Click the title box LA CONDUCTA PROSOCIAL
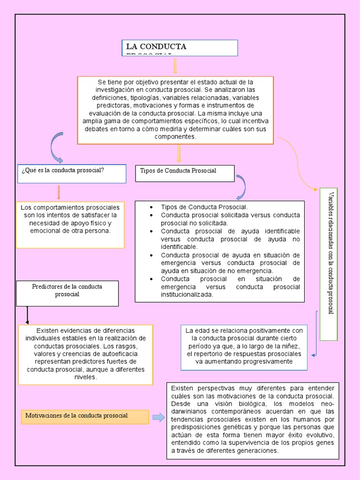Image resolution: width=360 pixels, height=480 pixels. (180, 47)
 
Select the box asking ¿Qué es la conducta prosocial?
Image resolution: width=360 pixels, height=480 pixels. (71, 173)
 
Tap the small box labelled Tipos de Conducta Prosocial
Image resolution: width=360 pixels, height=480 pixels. (185, 173)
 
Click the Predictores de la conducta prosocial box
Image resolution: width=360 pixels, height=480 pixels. (67, 293)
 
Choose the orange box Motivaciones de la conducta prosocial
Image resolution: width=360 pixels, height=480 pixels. (85, 416)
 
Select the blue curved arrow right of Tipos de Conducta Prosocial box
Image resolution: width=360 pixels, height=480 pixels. (242, 187)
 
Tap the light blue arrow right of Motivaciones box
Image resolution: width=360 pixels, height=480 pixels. (158, 417)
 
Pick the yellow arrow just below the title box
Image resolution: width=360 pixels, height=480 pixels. (175, 66)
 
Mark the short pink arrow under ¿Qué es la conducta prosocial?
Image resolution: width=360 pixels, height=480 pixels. (59, 192)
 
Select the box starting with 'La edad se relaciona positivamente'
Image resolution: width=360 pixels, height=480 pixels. (244, 347)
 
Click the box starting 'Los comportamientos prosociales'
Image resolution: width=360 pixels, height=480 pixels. (70, 225)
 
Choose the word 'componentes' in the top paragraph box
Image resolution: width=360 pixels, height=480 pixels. (175, 136)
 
